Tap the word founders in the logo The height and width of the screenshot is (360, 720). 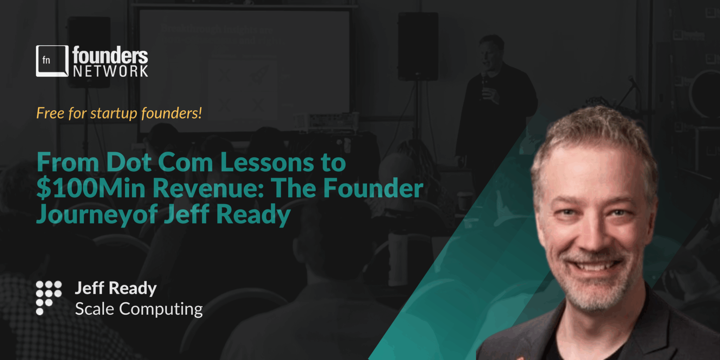tap(110, 55)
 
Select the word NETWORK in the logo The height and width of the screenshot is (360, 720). tap(110, 71)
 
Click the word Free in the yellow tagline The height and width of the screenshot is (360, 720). tap(50, 113)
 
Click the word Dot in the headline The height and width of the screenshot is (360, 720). tap(129, 162)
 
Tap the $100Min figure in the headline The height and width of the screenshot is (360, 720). tap(91, 188)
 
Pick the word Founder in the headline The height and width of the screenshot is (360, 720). tap(373, 188)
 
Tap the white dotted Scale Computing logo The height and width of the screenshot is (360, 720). tap(49, 297)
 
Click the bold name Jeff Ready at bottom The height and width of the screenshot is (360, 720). tap(116, 288)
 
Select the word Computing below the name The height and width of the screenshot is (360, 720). tap(161, 309)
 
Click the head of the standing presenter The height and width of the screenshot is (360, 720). tap(491, 51)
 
